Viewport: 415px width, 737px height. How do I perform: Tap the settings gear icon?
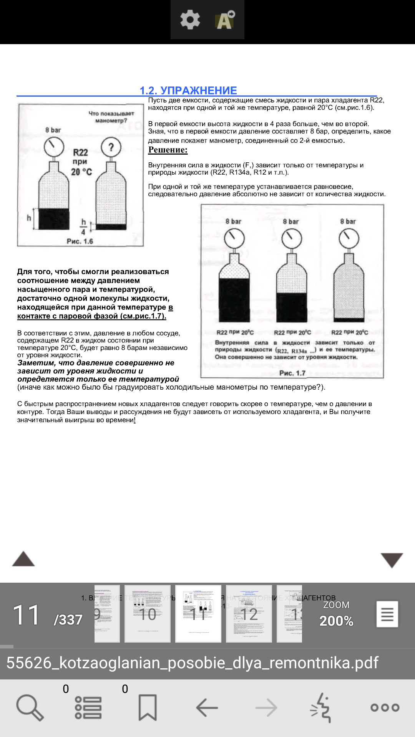pos(190,20)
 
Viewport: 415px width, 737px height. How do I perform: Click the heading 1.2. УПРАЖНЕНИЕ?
pos(188,91)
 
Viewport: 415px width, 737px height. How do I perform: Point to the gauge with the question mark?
pos(111,147)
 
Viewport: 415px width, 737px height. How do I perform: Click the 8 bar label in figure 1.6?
pos(53,130)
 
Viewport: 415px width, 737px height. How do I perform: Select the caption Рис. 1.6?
pos(80,241)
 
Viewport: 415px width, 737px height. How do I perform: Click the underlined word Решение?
pos(168,150)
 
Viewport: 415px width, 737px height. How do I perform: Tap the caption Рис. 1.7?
pos(292,373)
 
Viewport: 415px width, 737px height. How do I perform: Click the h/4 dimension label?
pos(83,226)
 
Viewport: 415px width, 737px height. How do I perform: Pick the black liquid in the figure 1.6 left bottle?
pos(54,219)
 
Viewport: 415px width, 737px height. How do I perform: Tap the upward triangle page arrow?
pos(23,559)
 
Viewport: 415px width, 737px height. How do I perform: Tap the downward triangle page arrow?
pos(392,560)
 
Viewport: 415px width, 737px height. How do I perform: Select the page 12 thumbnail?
pos(249,613)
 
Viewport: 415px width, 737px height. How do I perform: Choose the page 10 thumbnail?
pos(148,613)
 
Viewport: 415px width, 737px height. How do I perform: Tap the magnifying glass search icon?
pos(30,707)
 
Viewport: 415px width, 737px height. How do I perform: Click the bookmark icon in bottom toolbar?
pos(148,707)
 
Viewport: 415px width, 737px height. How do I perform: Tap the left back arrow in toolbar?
pos(207,707)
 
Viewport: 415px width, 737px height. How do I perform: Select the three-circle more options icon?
pos(385,707)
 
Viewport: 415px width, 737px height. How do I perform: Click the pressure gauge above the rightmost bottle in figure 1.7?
pos(349,238)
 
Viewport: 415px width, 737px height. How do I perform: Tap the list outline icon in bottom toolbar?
pos(88,707)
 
